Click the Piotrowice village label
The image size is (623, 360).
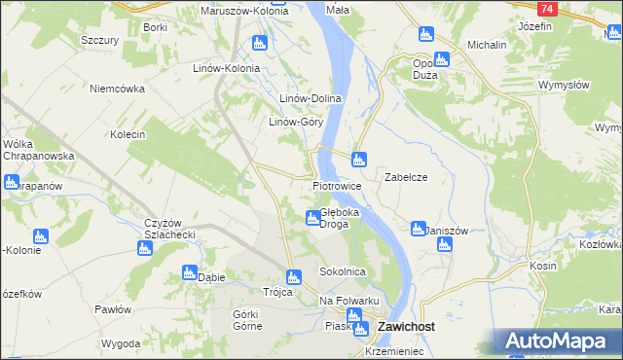[338, 185]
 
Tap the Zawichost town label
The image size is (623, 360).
[405, 328]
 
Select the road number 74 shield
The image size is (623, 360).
[547, 9]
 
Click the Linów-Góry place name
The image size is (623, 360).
[296, 123]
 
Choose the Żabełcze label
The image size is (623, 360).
[406, 177]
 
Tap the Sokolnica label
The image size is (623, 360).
[343, 271]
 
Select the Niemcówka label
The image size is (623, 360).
[117, 89]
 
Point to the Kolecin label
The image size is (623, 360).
[128, 134]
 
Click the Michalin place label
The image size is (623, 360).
[487, 45]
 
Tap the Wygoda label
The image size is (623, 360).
[121, 344]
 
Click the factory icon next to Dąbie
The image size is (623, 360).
[189, 273]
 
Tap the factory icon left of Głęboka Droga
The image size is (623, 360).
[311, 217]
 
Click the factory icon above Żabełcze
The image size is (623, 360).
[359, 159]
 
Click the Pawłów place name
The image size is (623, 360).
[113, 309]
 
